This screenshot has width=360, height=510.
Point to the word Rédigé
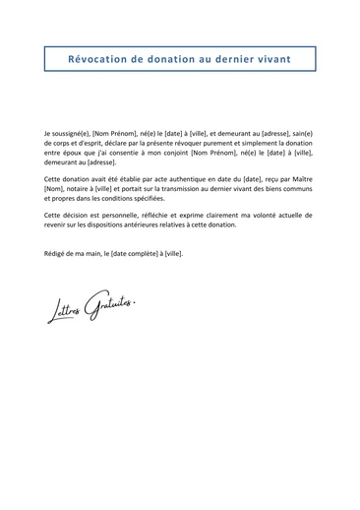(x=57, y=253)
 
